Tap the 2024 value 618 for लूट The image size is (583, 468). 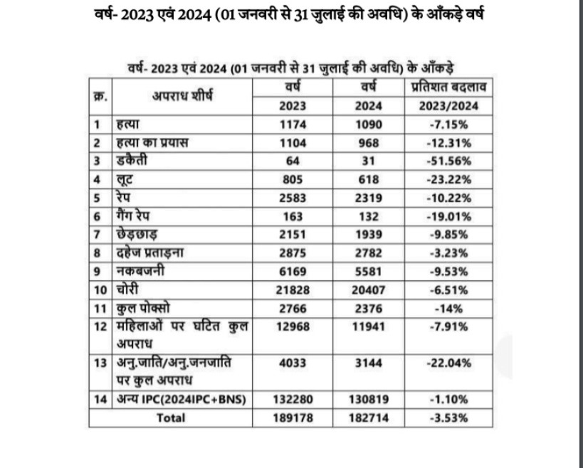371,178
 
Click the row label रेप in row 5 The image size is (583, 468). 126,196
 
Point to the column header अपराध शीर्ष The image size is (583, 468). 182,96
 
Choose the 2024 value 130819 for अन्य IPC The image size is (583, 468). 371,400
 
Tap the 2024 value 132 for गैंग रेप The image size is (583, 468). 371,215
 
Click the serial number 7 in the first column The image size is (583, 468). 99,234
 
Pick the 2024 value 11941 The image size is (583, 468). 371,327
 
